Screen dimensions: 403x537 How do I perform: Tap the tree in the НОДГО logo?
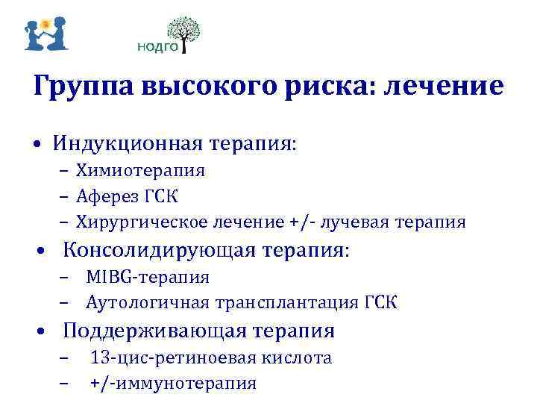click(183, 31)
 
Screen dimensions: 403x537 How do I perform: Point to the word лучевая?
click(362, 222)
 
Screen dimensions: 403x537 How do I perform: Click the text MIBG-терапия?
click(148, 277)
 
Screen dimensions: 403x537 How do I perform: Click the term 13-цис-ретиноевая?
click(174, 357)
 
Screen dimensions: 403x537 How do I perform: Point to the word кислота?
click(298, 357)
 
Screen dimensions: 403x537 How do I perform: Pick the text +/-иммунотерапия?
click(173, 384)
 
